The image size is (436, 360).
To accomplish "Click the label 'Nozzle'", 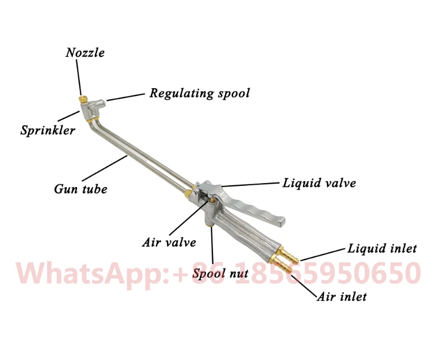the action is coord(85,53).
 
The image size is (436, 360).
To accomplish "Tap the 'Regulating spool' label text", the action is coord(199,93).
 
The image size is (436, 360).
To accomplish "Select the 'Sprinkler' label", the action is coord(48,131).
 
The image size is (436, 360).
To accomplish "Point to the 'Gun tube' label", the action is coord(80,189).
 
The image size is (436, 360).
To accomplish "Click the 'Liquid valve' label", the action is coord(319,183).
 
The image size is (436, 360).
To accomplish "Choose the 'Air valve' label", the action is coord(169,242).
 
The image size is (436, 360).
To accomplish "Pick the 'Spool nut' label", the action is coord(220,273).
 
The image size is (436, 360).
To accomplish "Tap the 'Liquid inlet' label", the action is coord(382,249).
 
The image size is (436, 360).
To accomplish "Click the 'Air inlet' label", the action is coord(342,297).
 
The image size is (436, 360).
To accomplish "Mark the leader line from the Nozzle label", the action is coord(78,77).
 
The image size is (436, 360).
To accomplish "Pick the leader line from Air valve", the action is coord(188,217).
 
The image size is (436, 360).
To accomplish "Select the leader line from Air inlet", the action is coord(303,283).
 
